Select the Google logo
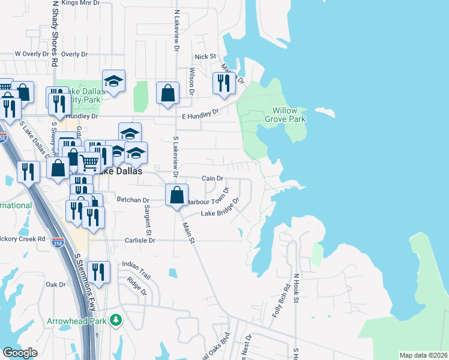20,353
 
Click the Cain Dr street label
212,178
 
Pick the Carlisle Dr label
139,240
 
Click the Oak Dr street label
55,284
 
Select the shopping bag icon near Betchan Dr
176,195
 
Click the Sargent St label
147,220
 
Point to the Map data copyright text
423,355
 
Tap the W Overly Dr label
34,54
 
